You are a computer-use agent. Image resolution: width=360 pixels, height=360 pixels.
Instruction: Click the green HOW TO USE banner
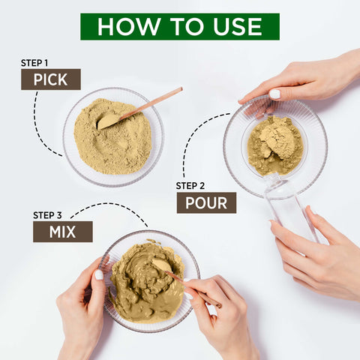point(179,26)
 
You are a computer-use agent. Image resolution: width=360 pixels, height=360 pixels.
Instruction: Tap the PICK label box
point(50,79)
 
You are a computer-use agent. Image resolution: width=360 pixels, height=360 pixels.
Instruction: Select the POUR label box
point(206,202)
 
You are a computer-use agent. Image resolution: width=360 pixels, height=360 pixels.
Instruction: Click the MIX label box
point(62,231)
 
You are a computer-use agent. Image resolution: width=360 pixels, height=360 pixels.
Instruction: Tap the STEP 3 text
point(49,215)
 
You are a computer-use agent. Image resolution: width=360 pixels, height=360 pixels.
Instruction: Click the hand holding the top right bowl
point(300,79)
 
